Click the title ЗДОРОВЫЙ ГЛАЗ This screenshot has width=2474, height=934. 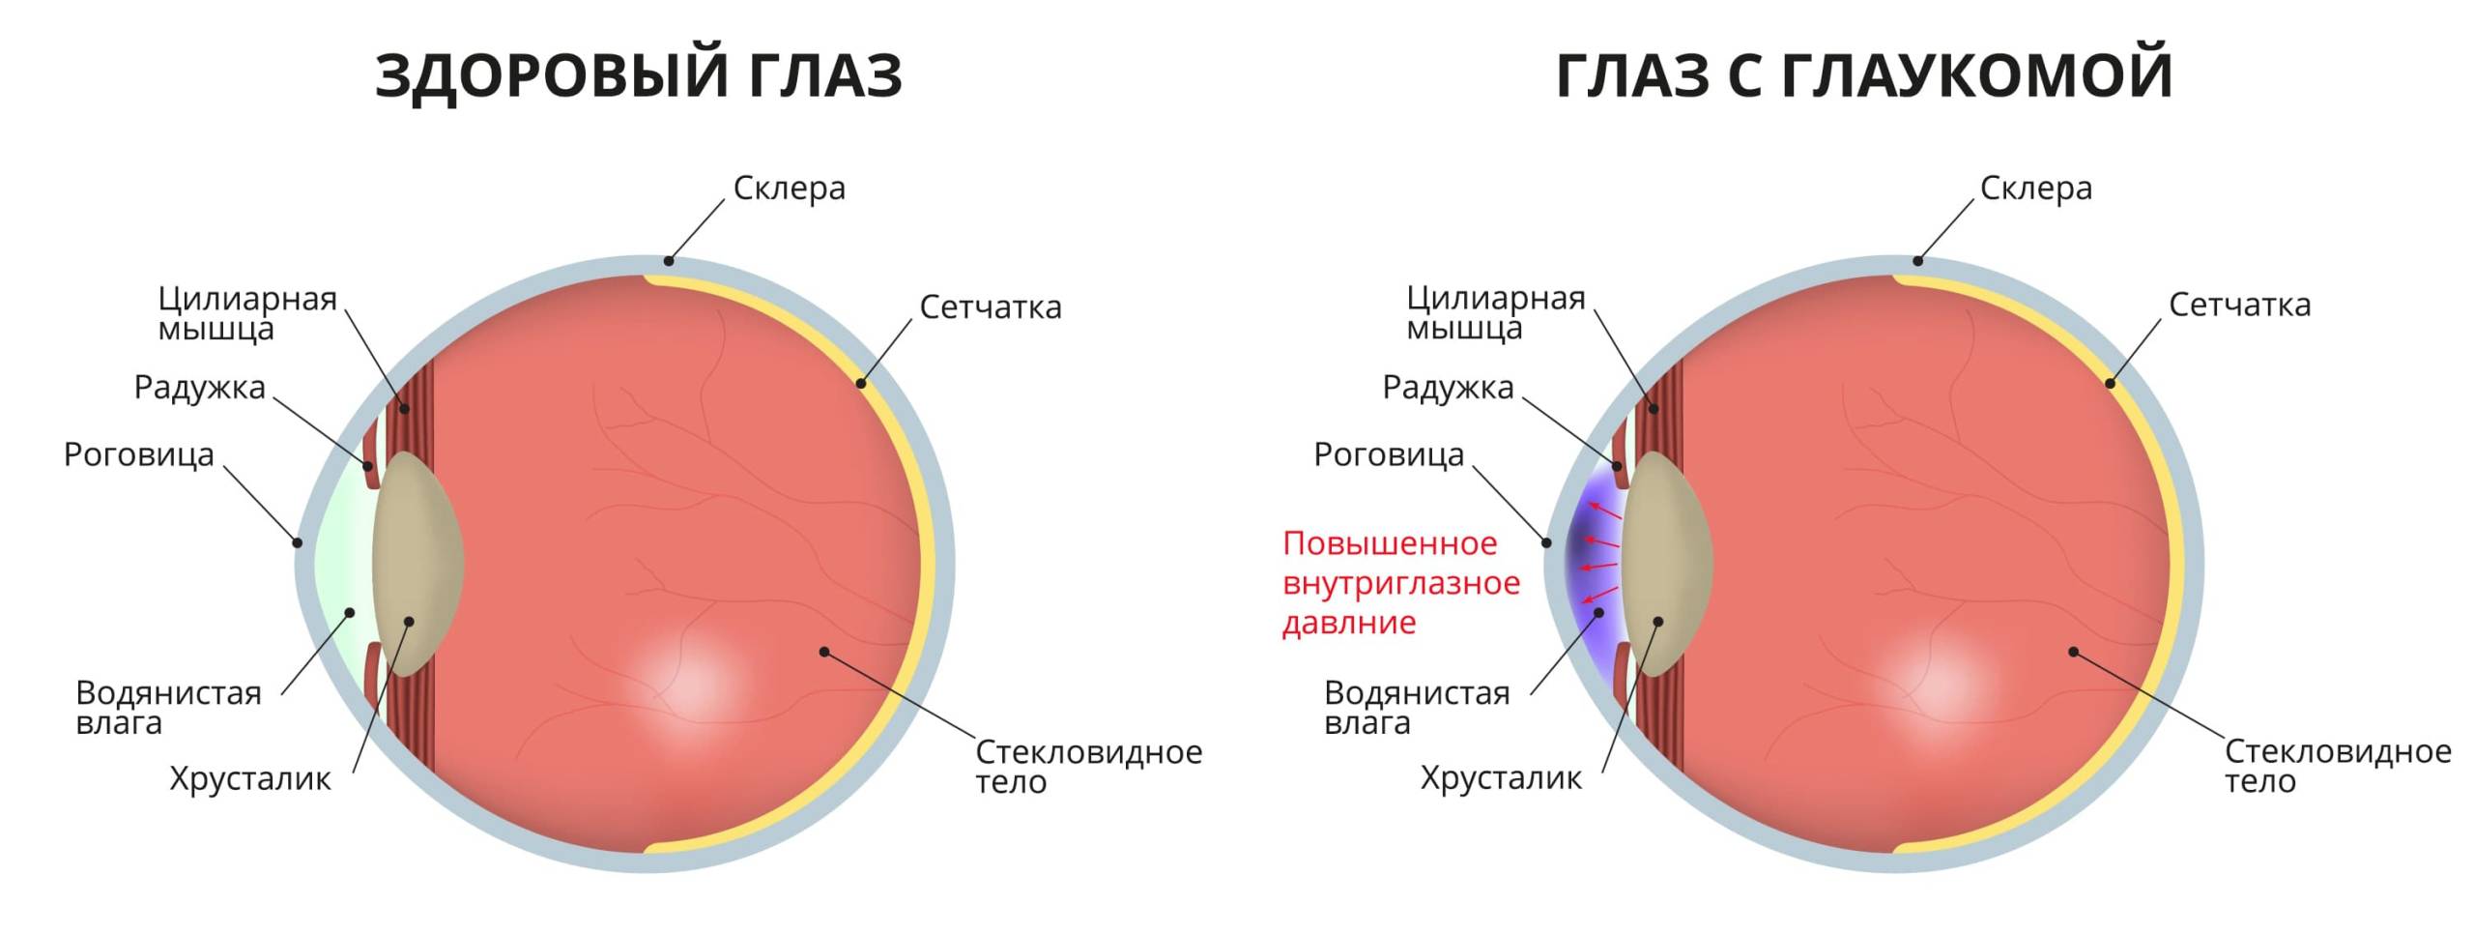coord(639,75)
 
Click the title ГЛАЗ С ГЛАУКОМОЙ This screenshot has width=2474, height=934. coord(1865,75)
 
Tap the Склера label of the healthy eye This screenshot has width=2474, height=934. coord(789,189)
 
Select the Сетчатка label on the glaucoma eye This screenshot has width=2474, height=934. coord(2240,305)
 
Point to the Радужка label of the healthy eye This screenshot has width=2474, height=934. coord(199,387)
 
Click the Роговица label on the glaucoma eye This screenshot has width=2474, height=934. coord(1389,454)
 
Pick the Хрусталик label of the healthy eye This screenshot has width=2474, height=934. coord(250,779)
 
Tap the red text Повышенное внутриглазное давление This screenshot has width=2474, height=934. coord(1401,583)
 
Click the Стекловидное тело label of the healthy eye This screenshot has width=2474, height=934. coord(1088,766)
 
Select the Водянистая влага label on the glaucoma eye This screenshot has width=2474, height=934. coord(1417,707)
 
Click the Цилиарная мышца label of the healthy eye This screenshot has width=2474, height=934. coord(247,313)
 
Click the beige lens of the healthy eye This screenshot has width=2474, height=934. coord(417,564)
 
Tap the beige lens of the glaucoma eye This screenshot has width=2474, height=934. coord(1667,564)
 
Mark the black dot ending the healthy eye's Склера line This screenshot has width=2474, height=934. coord(668,260)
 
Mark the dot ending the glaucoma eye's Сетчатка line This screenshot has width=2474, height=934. coord(2110,384)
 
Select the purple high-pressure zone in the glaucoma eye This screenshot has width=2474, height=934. coord(1593,565)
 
